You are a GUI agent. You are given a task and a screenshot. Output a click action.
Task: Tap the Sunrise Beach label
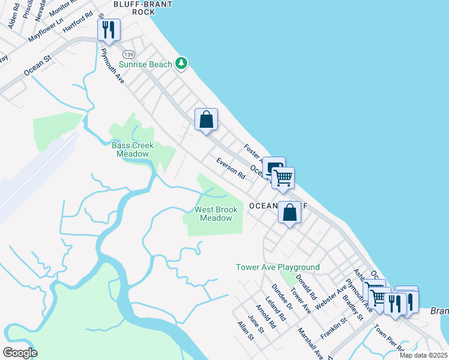145,64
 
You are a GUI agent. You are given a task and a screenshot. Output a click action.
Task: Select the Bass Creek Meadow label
133,150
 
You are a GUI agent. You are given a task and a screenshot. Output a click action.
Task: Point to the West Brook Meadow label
215,214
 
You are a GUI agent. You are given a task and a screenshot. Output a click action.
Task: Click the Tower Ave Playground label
277,267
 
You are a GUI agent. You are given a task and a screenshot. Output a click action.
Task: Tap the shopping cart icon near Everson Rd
283,177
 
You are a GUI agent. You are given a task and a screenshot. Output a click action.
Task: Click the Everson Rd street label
231,169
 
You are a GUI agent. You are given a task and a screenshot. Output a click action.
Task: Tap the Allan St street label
246,331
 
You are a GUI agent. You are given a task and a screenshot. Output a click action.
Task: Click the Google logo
20,353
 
